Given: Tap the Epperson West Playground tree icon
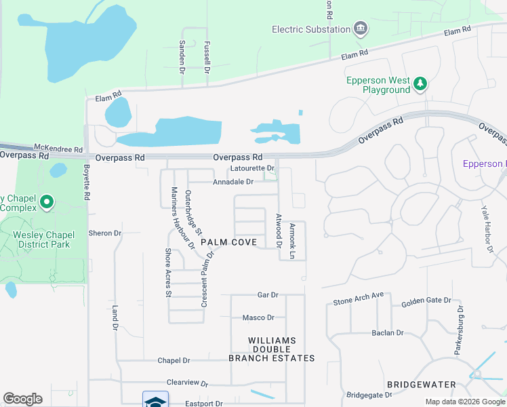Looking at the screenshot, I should click(421, 83).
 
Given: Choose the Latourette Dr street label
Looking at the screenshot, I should click(251, 168).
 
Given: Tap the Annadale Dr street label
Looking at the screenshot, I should click(232, 182).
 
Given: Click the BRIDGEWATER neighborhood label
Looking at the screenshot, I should click(417, 385).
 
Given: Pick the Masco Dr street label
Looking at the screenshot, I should click(258, 317).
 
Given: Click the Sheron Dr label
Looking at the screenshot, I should click(104, 233).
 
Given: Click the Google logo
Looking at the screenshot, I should click(22, 399).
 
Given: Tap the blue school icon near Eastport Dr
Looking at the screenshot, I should click(155, 400).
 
